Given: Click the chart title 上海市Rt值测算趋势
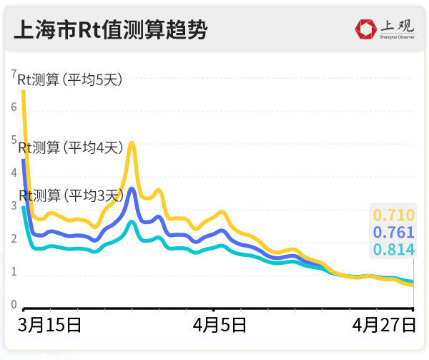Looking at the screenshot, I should click(x=110, y=30).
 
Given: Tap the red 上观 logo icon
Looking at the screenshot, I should click(x=366, y=29).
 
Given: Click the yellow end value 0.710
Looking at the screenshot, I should click(x=393, y=214).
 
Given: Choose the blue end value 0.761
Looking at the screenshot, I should click(x=393, y=232).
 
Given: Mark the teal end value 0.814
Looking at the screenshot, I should click(x=393, y=249).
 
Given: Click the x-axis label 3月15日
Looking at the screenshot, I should click(x=51, y=325).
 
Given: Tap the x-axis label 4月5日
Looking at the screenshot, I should click(x=220, y=325).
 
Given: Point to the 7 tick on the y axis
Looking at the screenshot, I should click(x=14, y=73).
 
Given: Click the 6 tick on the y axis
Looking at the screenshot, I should click(x=14, y=107).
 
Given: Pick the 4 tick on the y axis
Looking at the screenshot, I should click(x=14, y=172).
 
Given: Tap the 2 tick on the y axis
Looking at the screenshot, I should click(x=14, y=238).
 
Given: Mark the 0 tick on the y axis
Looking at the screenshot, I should click(x=14, y=305).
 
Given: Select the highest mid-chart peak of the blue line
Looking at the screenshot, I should click(x=132, y=190).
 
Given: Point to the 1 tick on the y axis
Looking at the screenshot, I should click(x=14, y=272).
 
